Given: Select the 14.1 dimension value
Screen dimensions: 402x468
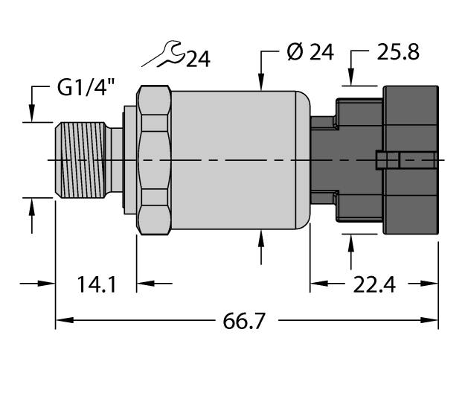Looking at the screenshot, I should pyautogui.click(x=97, y=284).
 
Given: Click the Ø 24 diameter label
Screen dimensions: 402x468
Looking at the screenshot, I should pyautogui.click(x=310, y=53).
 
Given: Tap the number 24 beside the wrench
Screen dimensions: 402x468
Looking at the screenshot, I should pyautogui.click(x=197, y=59).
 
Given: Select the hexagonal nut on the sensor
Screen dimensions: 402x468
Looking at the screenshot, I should pyautogui.click(x=154, y=160).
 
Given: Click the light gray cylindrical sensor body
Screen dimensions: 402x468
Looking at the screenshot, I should pyautogui.click(x=238, y=160).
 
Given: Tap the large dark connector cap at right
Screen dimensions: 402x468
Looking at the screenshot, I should pyautogui.click(x=409, y=160).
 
